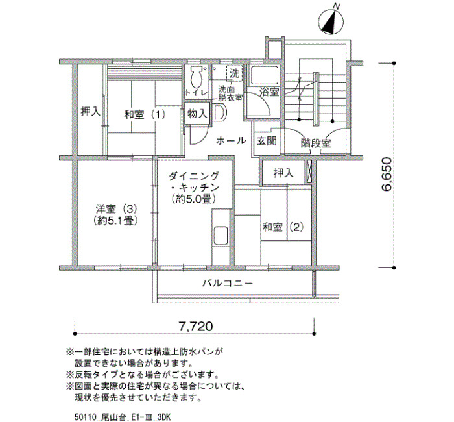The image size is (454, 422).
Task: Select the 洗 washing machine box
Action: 234,73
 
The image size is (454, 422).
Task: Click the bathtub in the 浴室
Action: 264,75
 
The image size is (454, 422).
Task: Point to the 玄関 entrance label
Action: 267,141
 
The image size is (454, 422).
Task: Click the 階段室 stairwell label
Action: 316,143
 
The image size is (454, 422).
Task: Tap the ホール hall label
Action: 231,141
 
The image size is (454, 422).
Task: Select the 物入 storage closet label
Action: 197,114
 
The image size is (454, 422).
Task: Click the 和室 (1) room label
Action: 145,114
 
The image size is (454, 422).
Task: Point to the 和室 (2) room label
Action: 283,227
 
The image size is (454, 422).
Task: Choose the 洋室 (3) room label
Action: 116,208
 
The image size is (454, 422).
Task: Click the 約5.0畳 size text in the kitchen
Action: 194,199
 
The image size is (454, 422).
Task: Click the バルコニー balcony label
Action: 227,283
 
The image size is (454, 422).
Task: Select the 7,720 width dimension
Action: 196,327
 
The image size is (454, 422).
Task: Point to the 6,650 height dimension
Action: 387,173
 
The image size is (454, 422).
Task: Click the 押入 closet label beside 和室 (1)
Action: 90,111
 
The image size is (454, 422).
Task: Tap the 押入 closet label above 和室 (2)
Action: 283,173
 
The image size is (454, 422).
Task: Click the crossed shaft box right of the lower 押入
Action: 309,172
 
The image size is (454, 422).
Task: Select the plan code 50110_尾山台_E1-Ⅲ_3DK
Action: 123,417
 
